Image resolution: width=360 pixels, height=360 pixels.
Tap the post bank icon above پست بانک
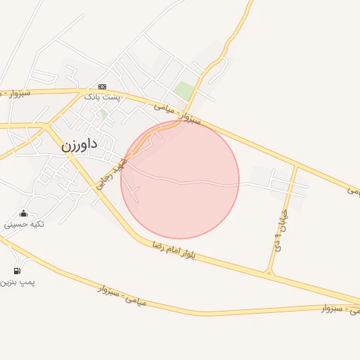(x=102, y=86)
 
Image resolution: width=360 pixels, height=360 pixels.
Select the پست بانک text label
(x=102, y=96)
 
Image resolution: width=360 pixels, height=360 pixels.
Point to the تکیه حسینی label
(x=25, y=224)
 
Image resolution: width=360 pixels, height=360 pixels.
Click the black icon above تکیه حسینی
(x=24, y=213)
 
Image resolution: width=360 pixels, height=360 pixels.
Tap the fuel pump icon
(x=17, y=271)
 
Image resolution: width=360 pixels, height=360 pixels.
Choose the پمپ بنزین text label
(x=18, y=282)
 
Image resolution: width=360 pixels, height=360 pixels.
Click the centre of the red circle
(x=180, y=179)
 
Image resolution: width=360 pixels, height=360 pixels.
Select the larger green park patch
(x=184, y=90)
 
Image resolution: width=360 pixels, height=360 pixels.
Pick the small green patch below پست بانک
(x=103, y=113)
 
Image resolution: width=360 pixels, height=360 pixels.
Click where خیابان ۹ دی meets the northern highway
(x=296, y=165)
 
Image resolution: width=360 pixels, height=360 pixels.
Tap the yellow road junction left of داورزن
(x=47, y=127)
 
